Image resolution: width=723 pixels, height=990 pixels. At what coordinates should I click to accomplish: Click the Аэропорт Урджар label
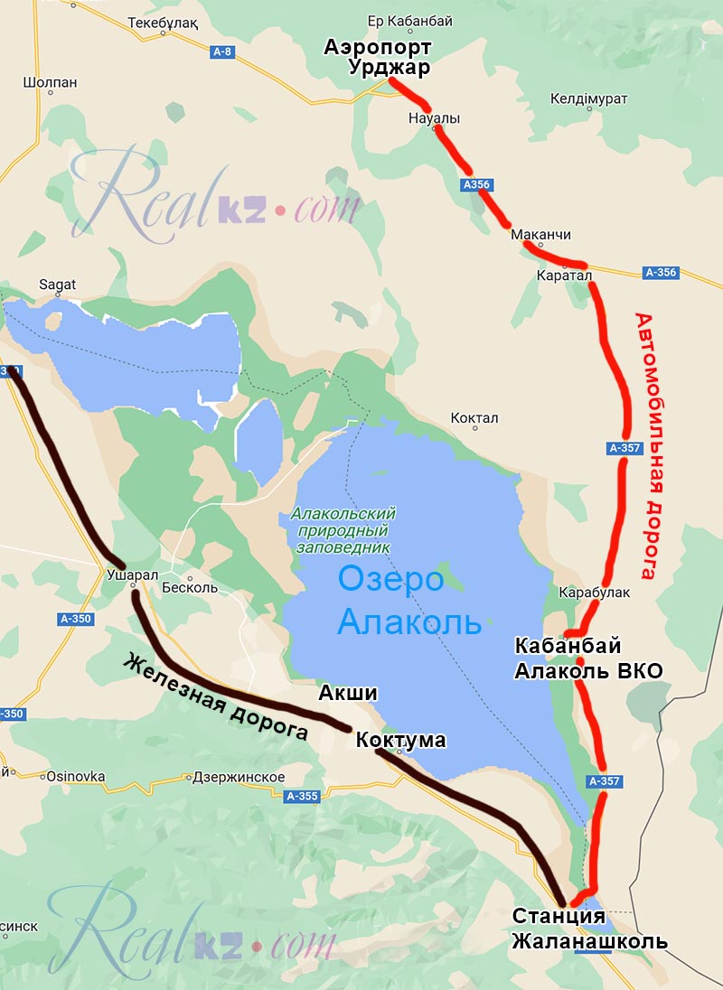[378, 57]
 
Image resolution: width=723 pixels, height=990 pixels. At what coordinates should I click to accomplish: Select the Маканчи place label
[540, 235]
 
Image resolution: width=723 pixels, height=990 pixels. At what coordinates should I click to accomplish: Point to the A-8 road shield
[222, 52]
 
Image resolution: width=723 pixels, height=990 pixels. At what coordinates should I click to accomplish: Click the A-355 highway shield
[302, 796]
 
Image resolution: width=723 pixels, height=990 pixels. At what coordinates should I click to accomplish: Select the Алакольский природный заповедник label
[343, 530]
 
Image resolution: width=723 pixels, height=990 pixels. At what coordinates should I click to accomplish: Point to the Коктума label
[400, 741]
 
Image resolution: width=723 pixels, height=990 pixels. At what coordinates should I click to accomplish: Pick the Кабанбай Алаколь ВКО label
[588, 658]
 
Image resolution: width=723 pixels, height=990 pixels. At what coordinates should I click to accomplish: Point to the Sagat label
[57, 284]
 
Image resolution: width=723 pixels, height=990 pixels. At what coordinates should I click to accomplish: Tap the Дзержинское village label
[239, 777]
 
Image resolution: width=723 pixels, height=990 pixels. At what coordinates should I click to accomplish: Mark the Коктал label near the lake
[474, 418]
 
